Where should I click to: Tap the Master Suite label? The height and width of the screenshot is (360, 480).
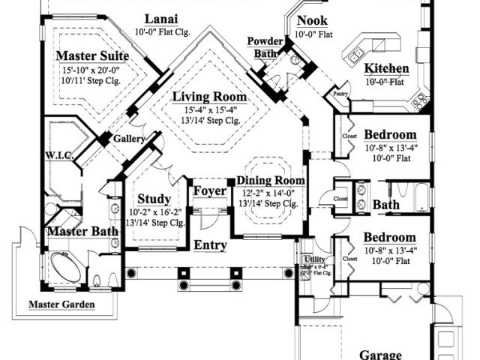[92, 56]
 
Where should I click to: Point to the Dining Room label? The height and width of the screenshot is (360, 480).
[271, 181]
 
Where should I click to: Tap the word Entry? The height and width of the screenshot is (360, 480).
[211, 245]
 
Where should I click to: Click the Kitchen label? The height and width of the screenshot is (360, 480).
[387, 70]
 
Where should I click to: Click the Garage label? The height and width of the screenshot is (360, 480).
[380, 354]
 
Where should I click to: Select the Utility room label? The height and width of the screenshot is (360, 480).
[314, 259]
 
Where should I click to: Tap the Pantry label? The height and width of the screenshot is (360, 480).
[340, 94]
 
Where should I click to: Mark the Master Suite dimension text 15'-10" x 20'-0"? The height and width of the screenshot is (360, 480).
[91, 70]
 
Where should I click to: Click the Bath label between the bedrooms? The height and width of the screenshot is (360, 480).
[386, 204]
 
